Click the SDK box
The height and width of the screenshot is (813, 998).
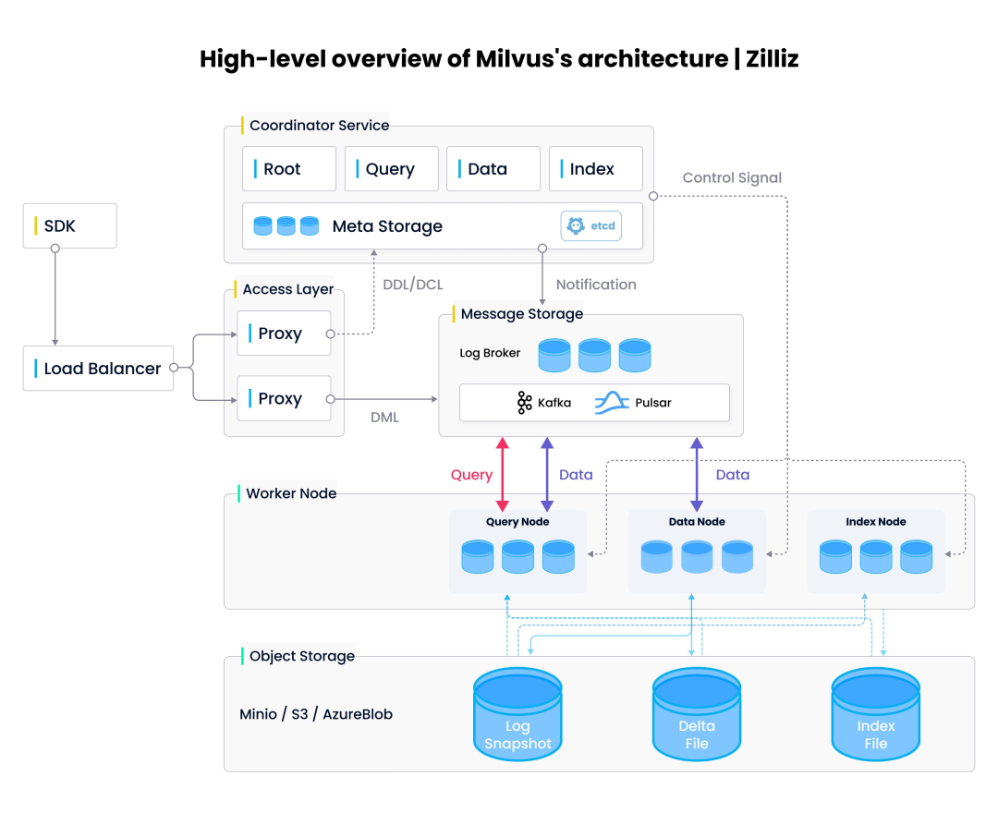[69, 225]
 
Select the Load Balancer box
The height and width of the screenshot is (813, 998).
[98, 369]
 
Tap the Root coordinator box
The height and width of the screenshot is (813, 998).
[289, 169]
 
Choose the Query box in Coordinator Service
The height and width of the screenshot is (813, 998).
[391, 169]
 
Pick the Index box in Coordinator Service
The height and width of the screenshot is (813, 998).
[595, 169]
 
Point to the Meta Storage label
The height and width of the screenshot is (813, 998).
[387, 226]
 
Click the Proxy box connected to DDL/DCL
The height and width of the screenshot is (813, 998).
[284, 334]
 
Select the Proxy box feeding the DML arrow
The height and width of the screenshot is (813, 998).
[284, 399]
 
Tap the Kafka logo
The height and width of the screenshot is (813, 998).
[525, 403]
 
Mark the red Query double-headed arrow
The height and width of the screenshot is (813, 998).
[503, 475]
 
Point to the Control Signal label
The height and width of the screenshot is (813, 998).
[732, 177]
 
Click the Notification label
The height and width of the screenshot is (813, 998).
[596, 285]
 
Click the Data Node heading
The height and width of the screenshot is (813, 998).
[697, 522]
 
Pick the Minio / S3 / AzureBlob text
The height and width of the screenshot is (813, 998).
[316, 714]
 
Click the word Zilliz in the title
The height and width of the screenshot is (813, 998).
[766, 59]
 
